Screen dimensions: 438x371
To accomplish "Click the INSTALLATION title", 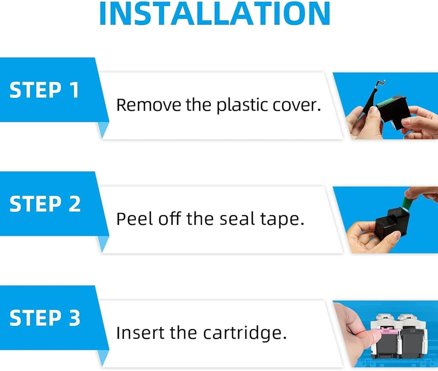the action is (x=215, y=13).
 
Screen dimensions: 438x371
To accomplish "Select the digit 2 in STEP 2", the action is (x=74, y=204).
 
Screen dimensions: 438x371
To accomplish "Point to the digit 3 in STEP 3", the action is (x=74, y=318).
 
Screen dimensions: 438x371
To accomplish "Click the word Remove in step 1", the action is (x=149, y=105).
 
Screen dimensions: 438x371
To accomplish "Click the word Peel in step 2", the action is (x=134, y=219).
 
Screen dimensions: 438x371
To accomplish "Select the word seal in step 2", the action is (x=237, y=219).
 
